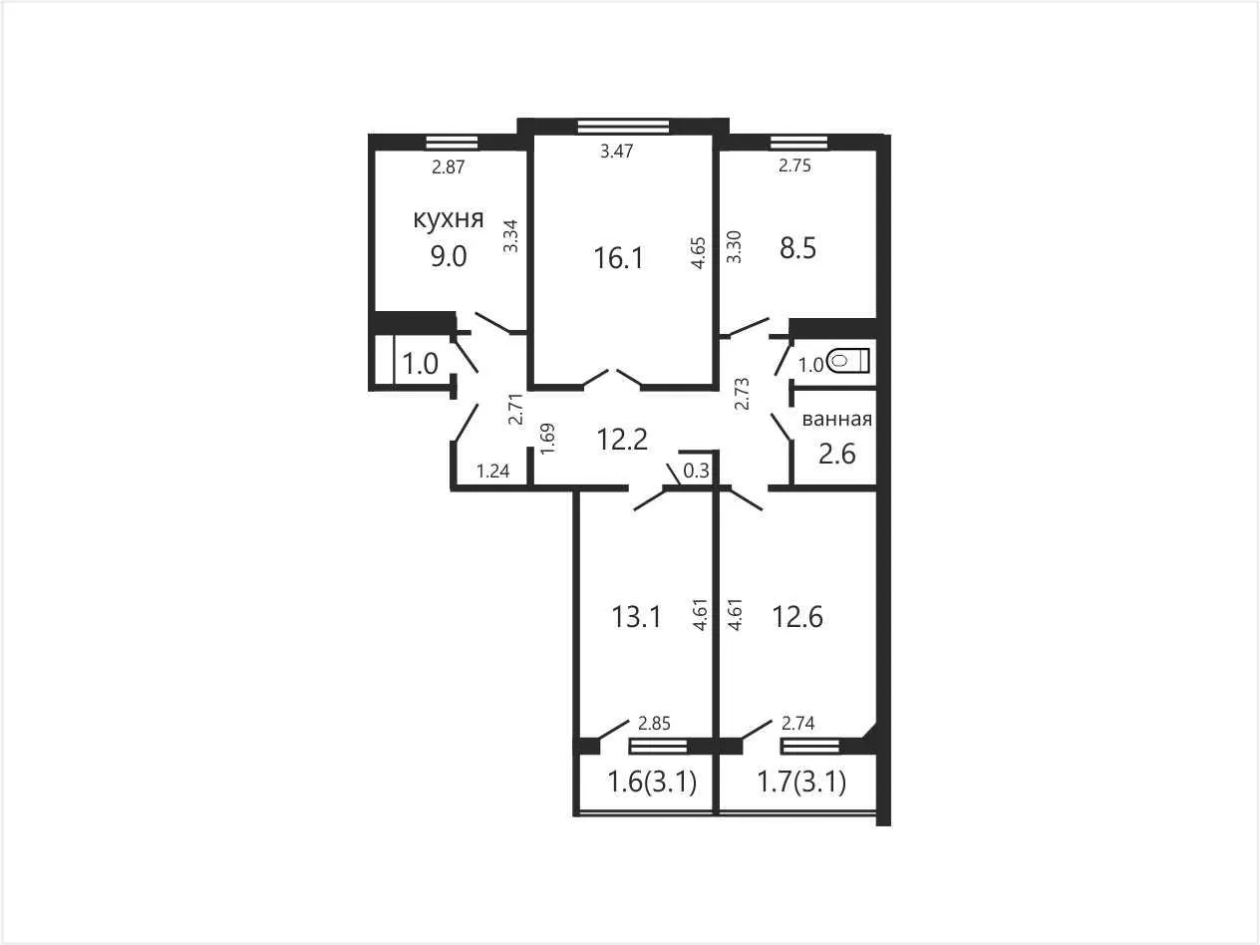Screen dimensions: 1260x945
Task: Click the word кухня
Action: point(449,219)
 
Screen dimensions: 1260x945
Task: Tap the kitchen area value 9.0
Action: point(449,256)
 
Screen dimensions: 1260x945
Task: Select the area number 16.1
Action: point(618,258)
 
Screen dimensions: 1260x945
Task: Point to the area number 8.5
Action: point(797,249)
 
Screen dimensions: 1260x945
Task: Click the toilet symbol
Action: point(849,362)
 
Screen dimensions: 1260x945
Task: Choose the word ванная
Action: point(837,420)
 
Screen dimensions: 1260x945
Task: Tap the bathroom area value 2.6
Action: point(837,454)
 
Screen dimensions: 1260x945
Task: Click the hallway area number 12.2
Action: point(622,440)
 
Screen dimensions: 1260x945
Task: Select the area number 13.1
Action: point(637,617)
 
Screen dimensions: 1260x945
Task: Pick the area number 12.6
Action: point(797,617)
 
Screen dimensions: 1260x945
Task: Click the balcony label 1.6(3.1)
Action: point(652,783)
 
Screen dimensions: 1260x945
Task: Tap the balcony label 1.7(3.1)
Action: point(801,783)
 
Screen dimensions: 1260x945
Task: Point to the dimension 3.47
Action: point(616,151)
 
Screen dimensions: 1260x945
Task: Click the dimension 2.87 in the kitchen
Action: point(448,166)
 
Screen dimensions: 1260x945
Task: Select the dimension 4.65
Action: point(699,253)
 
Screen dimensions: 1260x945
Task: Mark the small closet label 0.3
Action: point(697,472)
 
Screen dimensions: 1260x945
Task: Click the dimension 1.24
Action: point(493,472)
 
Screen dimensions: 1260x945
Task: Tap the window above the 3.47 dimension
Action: point(623,127)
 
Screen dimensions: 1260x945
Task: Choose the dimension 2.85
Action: point(654,724)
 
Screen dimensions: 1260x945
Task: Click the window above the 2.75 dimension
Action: point(799,142)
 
